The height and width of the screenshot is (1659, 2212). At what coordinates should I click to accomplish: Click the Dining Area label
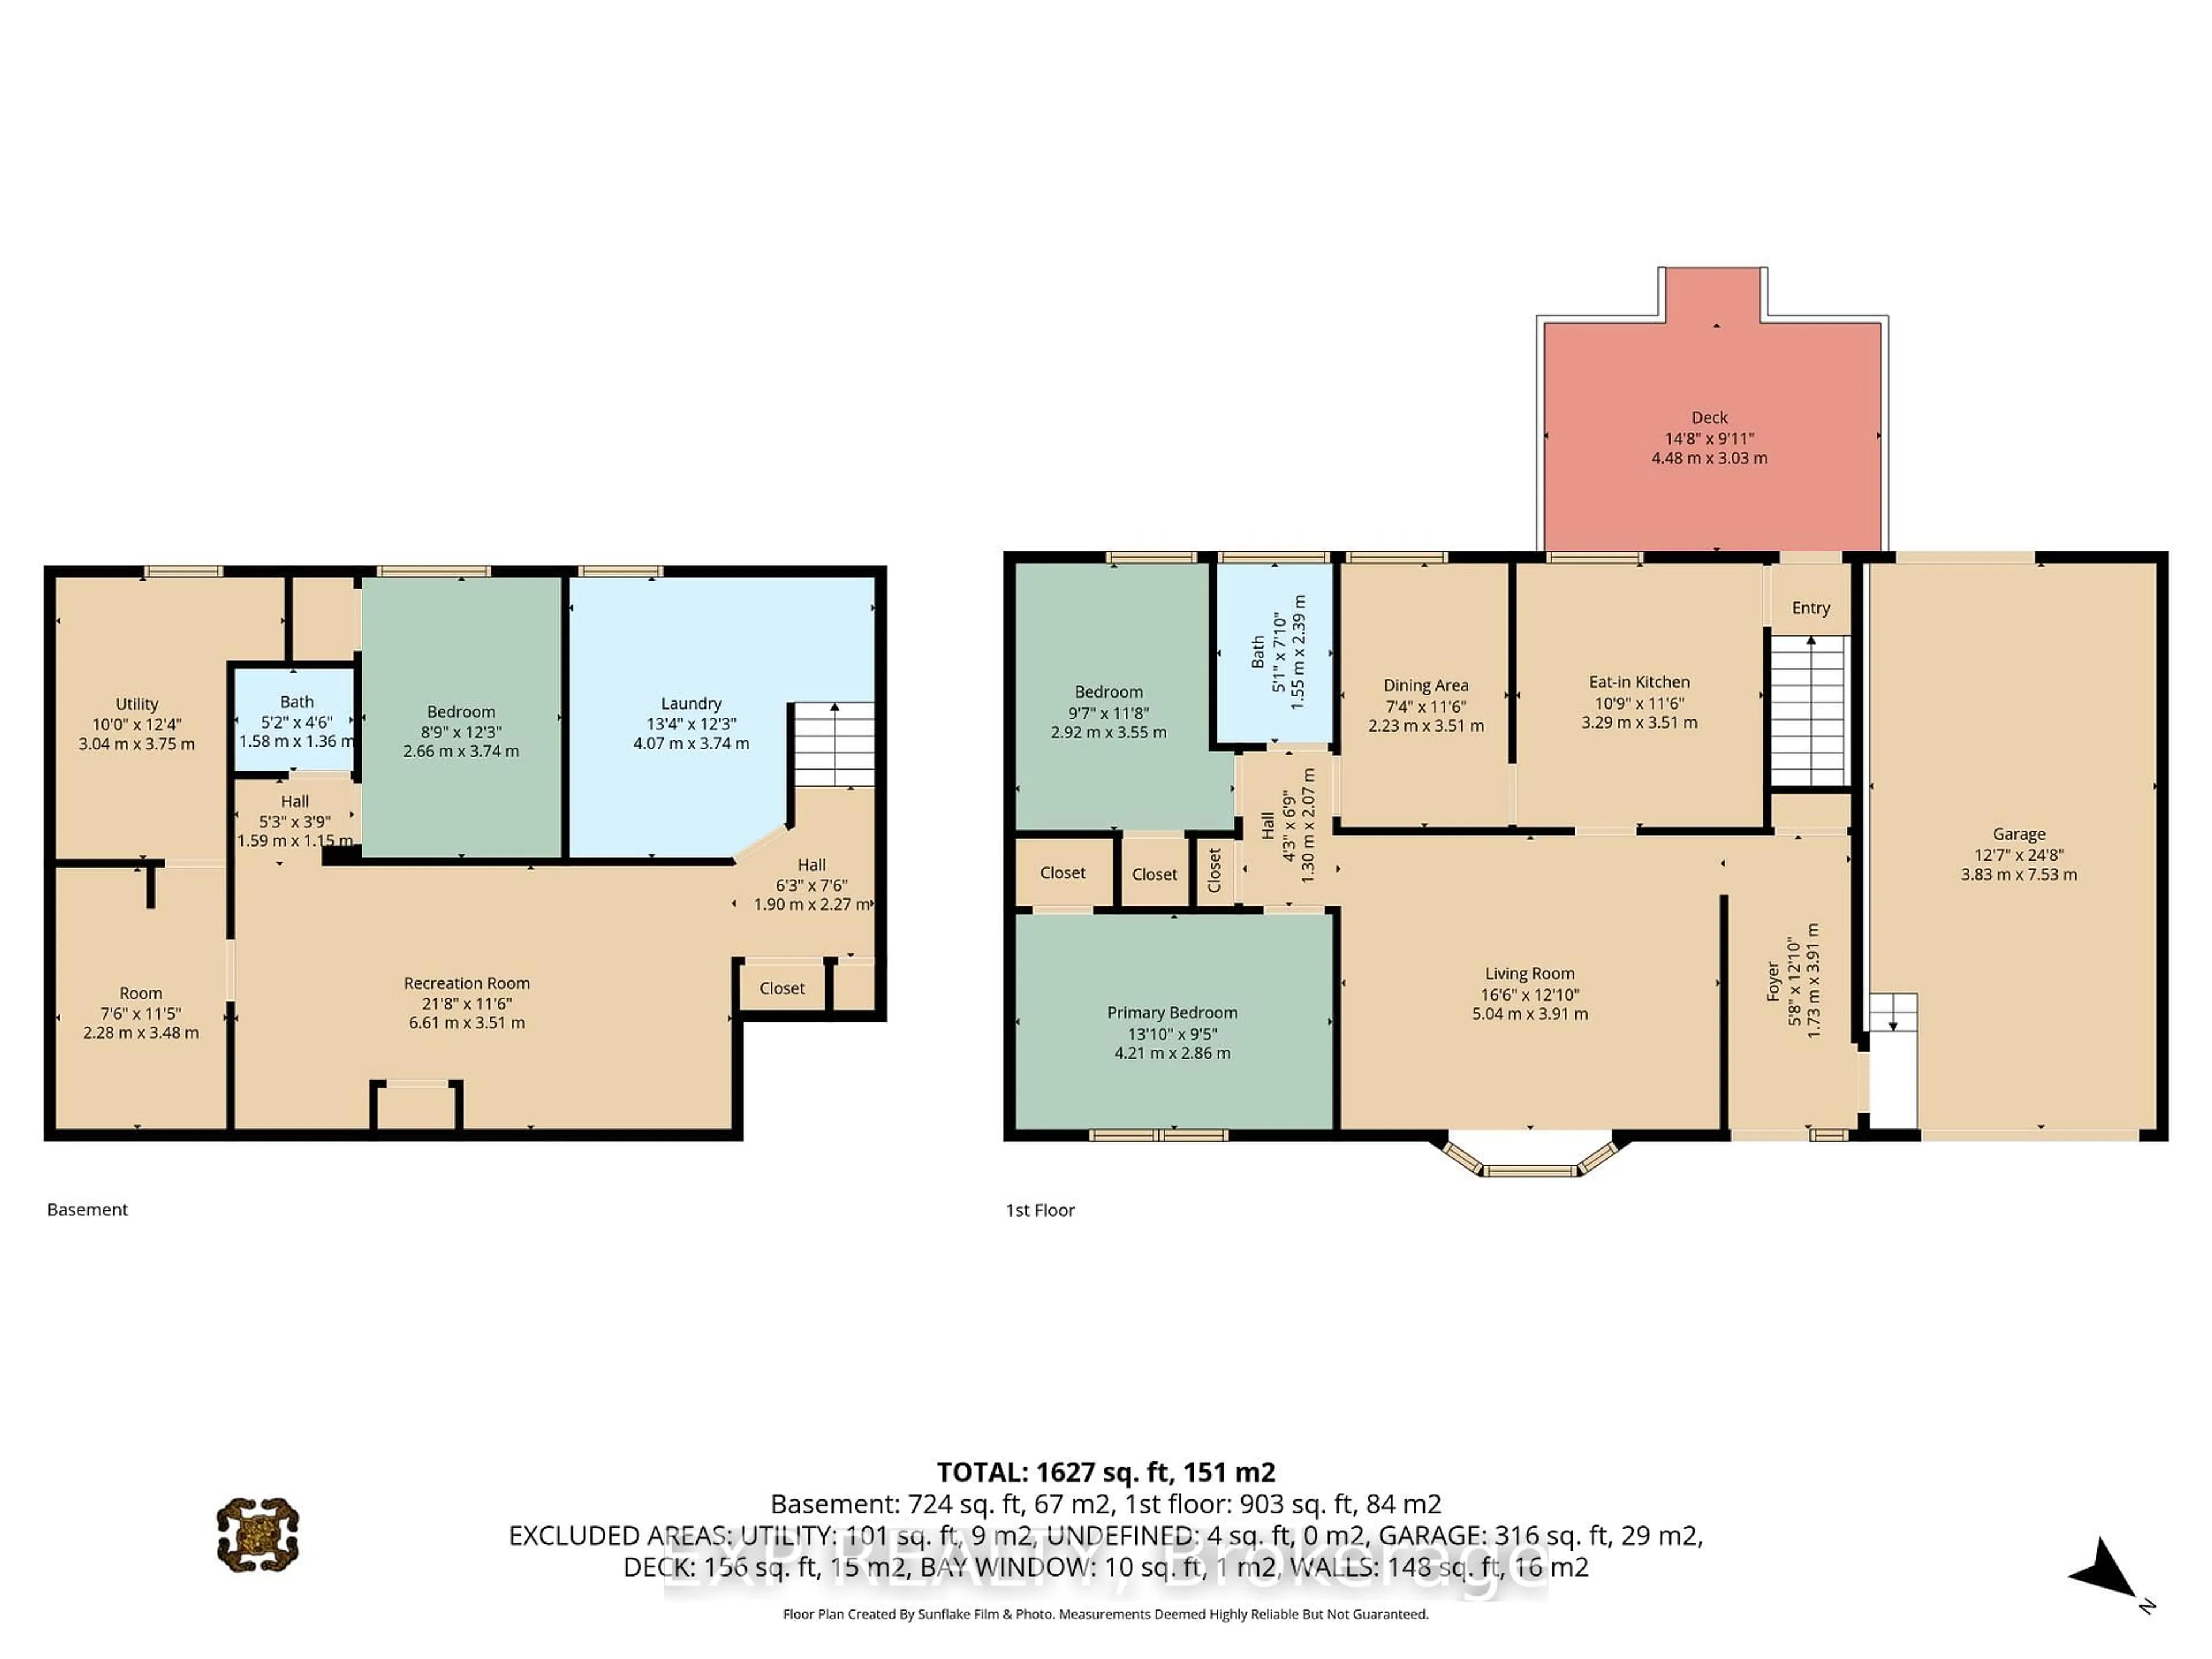pos(1425,685)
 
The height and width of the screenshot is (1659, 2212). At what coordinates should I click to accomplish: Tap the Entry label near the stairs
pos(1810,608)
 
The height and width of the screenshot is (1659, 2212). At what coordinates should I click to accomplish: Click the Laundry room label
pos(690,703)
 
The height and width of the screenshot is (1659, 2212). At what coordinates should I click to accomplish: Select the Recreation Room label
pos(466,983)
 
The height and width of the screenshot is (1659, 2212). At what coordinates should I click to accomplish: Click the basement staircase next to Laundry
pos(833,744)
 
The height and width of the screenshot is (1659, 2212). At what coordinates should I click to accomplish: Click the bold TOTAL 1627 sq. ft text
pos(1105,1472)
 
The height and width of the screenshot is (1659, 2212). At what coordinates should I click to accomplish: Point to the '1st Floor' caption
pos(1040,1210)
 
